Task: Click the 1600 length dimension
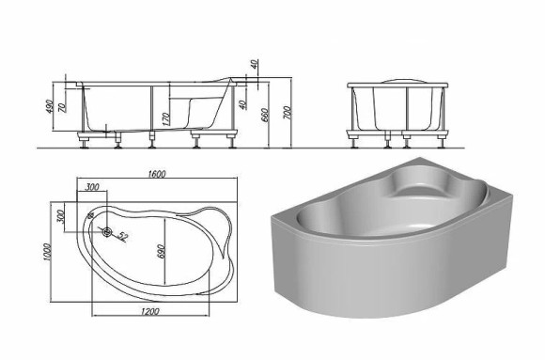(x=157, y=174)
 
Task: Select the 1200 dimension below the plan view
(x=150, y=311)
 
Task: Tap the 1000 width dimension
(x=48, y=252)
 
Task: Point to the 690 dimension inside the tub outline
(x=161, y=251)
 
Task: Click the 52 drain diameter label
(x=123, y=237)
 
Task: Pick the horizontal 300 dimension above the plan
(x=92, y=187)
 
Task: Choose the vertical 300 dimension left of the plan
(x=60, y=217)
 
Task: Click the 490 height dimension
(x=50, y=107)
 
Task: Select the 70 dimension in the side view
(x=63, y=107)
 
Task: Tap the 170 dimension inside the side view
(x=165, y=119)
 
